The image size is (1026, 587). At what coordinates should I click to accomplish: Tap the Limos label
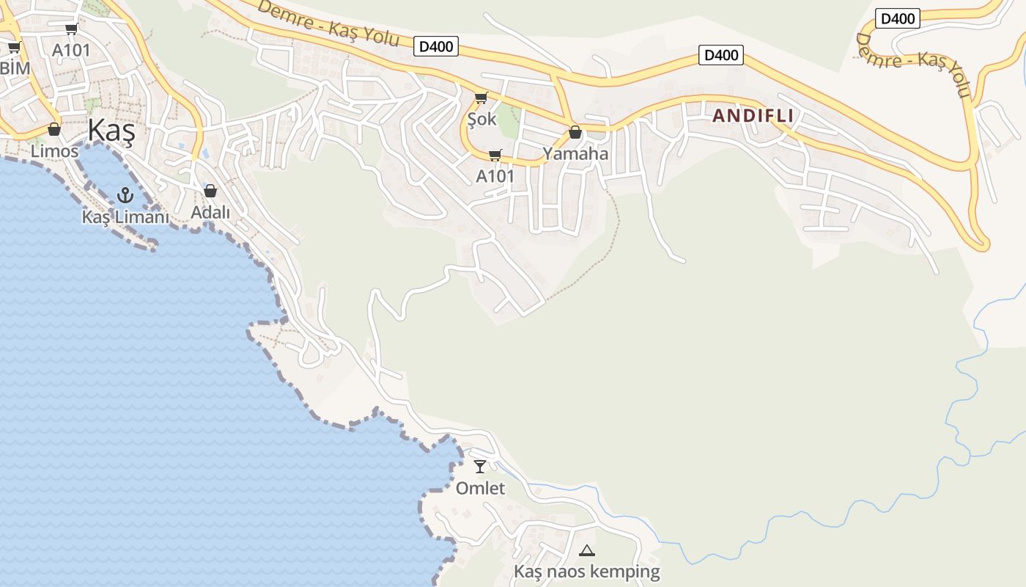(x=54, y=151)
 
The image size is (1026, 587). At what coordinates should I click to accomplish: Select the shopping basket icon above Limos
(x=54, y=130)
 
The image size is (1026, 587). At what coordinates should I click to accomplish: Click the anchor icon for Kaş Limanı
(x=125, y=195)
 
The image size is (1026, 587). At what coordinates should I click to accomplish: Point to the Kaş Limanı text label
(x=125, y=217)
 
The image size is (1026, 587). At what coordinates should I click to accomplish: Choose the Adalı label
(x=210, y=213)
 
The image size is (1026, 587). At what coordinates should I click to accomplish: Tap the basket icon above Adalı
(x=210, y=191)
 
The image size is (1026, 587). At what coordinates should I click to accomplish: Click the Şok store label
(x=481, y=119)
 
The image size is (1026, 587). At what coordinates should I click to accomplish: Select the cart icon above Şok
(x=481, y=98)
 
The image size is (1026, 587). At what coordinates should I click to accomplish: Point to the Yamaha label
(x=575, y=154)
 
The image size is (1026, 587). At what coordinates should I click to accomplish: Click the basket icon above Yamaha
(x=575, y=133)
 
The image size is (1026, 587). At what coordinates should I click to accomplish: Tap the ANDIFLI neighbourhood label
(x=753, y=116)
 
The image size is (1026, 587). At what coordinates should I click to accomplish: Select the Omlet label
(x=480, y=488)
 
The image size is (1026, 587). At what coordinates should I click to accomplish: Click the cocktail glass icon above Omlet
(x=480, y=466)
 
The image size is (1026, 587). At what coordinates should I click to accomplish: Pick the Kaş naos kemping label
(x=586, y=572)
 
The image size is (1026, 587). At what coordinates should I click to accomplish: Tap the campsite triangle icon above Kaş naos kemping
(x=586, y=550)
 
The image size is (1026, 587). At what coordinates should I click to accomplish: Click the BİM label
(x=15, y=68)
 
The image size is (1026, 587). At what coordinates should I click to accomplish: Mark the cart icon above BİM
(x=14, y=48)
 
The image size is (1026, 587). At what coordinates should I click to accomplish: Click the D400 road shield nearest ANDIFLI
(x=721, y=55)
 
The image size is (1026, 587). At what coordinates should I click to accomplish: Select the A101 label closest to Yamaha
(x=495, y=176)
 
